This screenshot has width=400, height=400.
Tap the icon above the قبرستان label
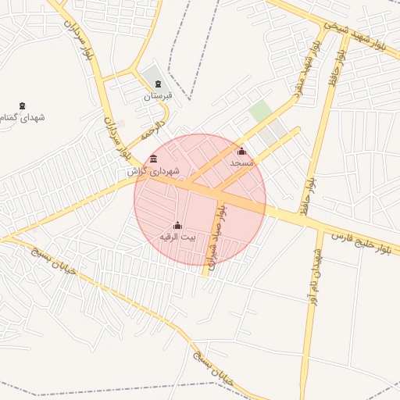coord(158,84)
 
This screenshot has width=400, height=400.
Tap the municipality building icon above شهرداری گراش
coord(153,159)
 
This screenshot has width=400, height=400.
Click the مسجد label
coord(242,162)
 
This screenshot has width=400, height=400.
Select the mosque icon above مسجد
coord(241,152)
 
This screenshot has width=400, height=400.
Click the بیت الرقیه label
coord(177,236)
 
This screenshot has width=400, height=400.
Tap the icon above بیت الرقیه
coord(177,225)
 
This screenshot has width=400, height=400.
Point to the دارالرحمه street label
coord(153,130)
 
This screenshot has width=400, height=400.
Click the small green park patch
coord(260,111)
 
